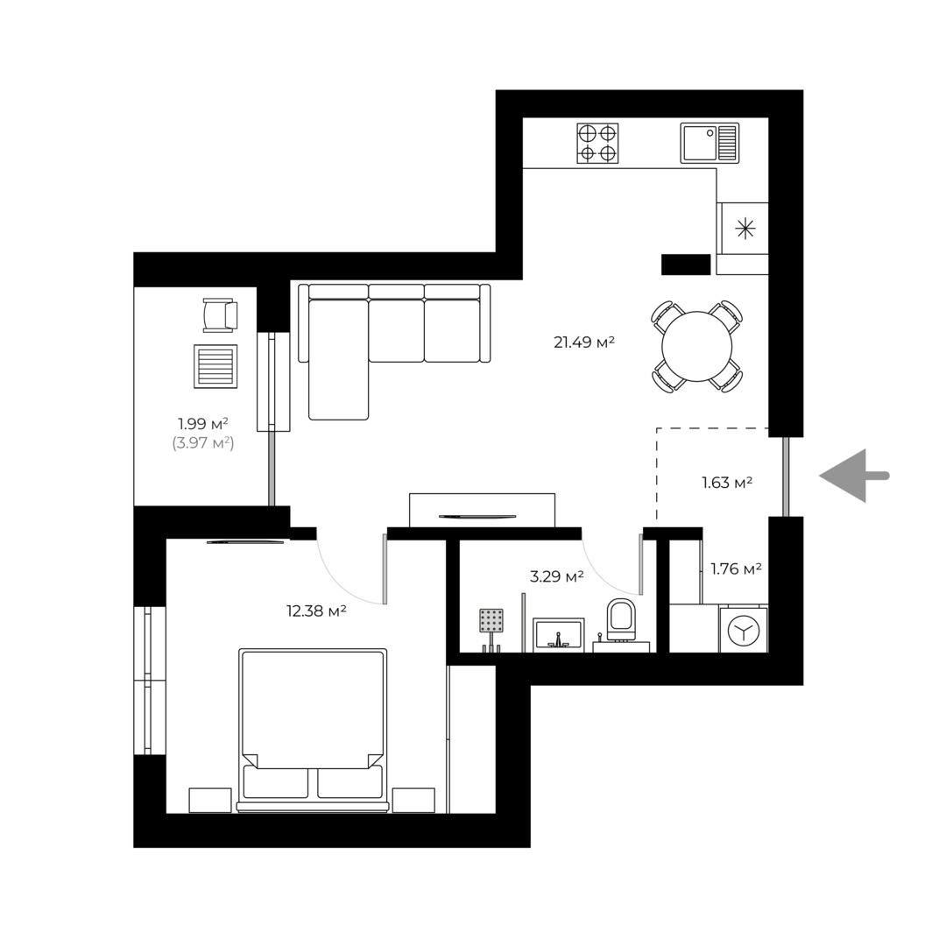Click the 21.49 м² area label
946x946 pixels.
(x=584, y=342)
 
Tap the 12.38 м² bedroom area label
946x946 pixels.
(x=316, y=611)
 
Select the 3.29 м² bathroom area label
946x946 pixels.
(x=556, y=576)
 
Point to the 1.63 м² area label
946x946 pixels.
(x=726, y=483)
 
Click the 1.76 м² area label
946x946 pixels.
(x=736, y=568)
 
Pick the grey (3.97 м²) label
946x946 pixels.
(x=202, y=443)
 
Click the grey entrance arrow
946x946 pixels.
(x=854, y=476)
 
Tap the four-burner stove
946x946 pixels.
(x=597, y=143)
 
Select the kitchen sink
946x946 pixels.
(x=709, y=143)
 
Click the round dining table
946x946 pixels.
(x=697, y=347)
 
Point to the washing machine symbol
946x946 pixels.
(x=744, y=630)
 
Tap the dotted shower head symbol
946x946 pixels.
(x=491, y=621)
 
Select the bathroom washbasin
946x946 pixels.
(x=559, y=635)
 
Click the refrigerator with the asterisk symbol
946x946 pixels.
(x=745, y=229)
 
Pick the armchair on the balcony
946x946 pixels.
(x=220, y=315)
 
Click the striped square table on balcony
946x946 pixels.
(x=215, y=366)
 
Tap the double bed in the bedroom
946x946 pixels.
(x=312, y=731)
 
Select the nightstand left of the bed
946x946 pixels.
(x=210, y=800)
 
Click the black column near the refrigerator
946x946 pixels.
(x=686, y=265)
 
